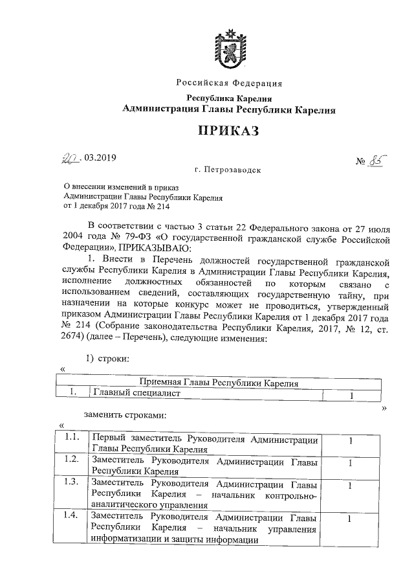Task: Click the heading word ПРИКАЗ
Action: point(228,131)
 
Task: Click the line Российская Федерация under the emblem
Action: point(230,83)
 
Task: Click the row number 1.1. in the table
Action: point(72,440)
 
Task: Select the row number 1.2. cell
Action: point(72,459)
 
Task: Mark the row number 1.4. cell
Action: point(72,516)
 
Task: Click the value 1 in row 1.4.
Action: point(349,518)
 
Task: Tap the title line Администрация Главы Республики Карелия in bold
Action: point(229,110)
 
